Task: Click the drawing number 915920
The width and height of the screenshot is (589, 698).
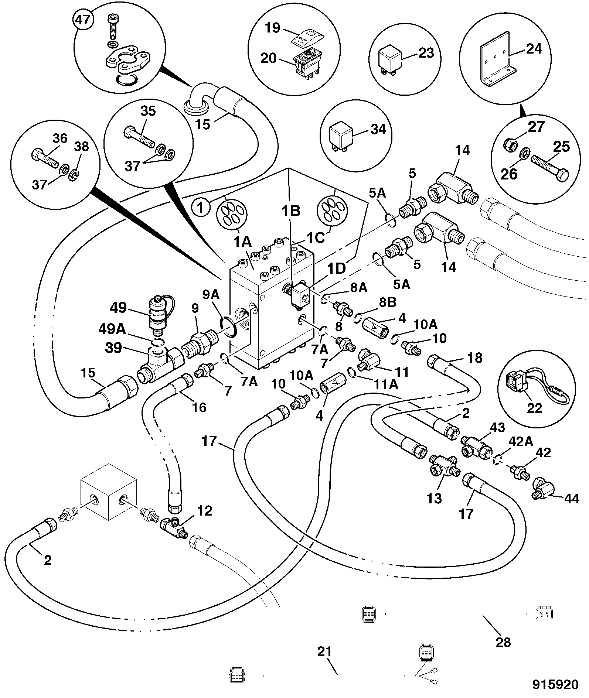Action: (x=555, y=684)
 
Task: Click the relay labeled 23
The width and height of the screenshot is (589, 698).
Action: (x=388, y=59)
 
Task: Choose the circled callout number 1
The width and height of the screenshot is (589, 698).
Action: (x=201, y=208)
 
